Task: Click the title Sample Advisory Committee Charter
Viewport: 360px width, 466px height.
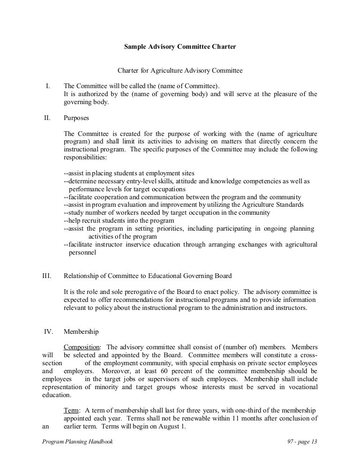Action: pyautogui.click(x=180, y=47)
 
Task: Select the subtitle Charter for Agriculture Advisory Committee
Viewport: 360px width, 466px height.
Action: pyautogui.click(x=180, y=71)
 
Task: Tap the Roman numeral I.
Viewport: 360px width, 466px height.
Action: pyautogui.click(x=47, y=86)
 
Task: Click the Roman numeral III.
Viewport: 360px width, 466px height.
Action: pyautogui.click(x=46, y=276)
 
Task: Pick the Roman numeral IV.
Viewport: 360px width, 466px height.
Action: pyautogui.click(x=47, y=331)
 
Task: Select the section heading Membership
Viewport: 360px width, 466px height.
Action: pyautogui.click(x=81, y=331)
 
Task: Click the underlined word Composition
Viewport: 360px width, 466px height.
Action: pyautogui.click(x=82, y=347)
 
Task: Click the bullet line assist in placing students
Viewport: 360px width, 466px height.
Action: pyautogui.click(x=129, y=173)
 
